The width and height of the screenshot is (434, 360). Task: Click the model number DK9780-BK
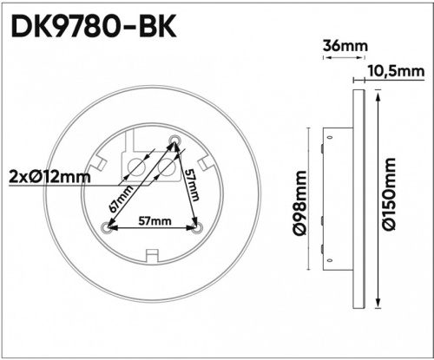93,26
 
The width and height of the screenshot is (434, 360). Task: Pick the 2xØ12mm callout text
50,177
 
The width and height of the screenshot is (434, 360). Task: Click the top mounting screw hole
174,141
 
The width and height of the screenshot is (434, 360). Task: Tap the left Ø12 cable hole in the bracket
136,167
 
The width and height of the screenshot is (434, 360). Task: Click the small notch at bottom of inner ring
152,254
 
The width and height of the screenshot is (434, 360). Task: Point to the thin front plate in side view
357,196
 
